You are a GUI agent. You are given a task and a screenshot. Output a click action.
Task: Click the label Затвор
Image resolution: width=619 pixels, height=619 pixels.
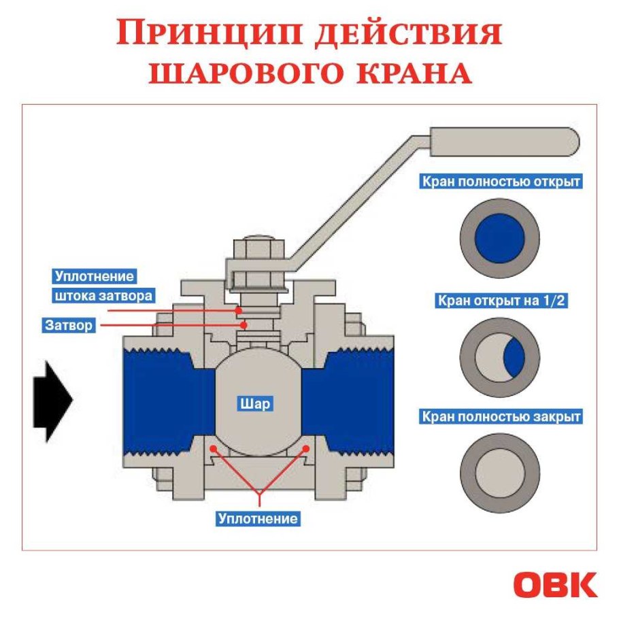pos(69,325)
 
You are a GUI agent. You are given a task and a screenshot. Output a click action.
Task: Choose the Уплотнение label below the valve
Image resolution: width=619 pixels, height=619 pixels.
pos(258,518)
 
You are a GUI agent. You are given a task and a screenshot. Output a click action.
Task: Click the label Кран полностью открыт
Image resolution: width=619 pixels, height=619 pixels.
pos(501,182)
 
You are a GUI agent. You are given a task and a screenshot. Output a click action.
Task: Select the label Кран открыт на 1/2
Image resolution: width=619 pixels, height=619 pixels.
pos(501,301)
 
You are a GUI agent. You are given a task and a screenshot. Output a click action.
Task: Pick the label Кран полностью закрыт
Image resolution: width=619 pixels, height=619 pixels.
pos(501,416)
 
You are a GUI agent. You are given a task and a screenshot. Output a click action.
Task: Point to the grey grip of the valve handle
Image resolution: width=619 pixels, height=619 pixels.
pos(503,141)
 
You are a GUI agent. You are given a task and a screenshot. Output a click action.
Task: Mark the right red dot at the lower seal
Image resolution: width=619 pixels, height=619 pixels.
pos(307,448)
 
